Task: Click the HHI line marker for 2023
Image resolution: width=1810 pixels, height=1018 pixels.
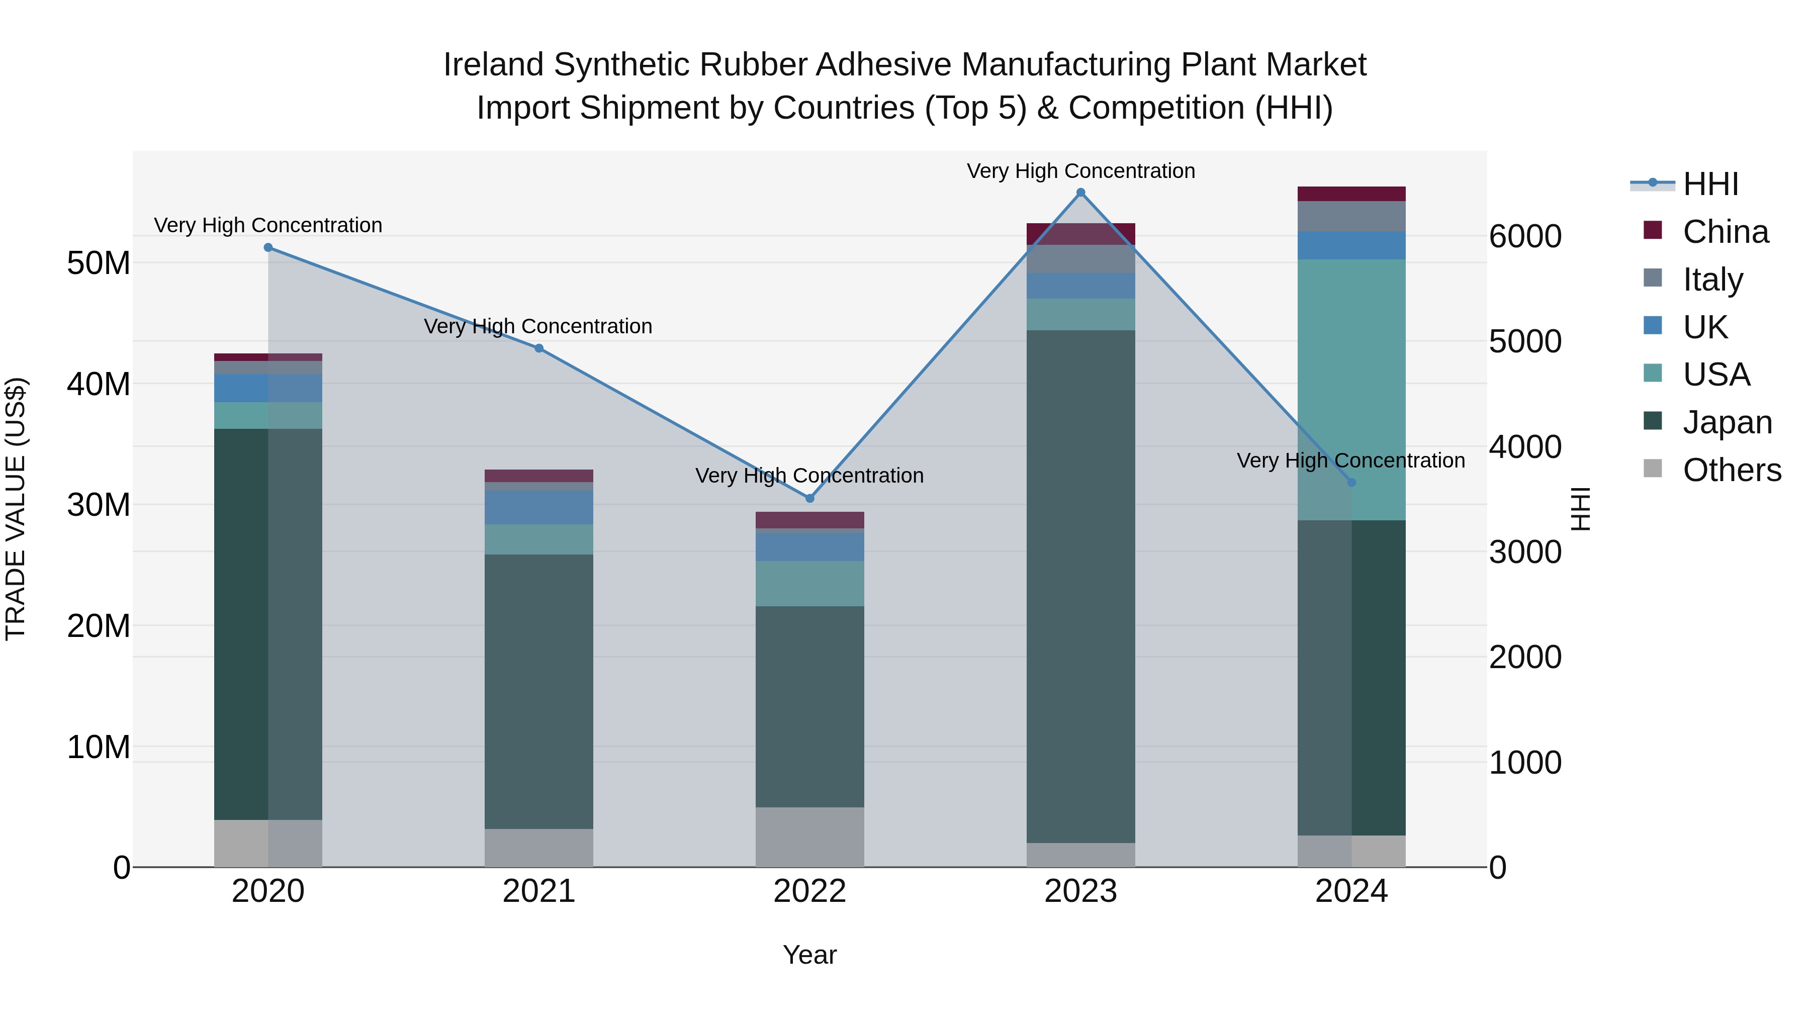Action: pyautogui.click(x=1080, y=193)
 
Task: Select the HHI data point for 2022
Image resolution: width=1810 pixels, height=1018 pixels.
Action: pyautogui.click(x=809, y=498)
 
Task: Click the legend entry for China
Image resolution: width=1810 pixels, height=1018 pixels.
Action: pyautogui.click(x=1725, y=232)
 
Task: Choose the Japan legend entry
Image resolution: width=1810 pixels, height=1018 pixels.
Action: pyautogui.click(x=1727, y=422)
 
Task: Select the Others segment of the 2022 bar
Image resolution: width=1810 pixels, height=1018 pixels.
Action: pyautogui.click(x=809, y=836)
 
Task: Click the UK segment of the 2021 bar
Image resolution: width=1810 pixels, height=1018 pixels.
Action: pyautogui.click(x=539, y=507)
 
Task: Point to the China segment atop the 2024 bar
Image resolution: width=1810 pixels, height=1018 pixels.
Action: pyautogui.click(x=1350, y=194)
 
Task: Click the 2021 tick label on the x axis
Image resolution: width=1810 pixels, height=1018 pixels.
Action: pyautogui.click(x=539, y=891)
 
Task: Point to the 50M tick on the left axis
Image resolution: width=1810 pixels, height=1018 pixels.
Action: pyautogui.click(x=99, y=263)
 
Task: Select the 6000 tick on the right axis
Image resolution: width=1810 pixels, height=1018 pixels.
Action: pyautogui.click(x=1525, y=236)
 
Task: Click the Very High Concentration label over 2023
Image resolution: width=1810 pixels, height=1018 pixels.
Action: pyautogui.click(x=1080, y=171)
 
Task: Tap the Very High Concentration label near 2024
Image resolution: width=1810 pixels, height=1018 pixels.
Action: pyautogui.click(x=1350, y=461)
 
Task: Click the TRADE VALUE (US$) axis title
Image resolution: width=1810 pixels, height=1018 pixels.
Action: pyautogui.click(x=16, y=509)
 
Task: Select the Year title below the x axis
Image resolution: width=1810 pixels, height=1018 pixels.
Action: pyautogui.click(x=809, y=955)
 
